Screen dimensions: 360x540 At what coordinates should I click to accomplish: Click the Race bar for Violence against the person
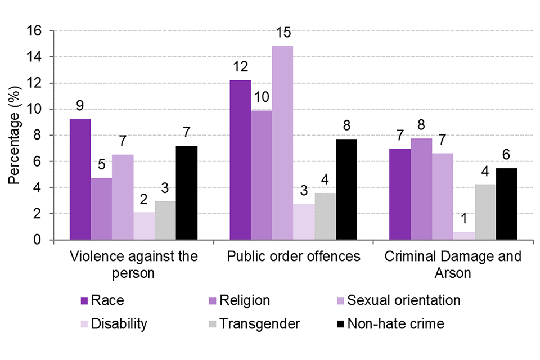80,179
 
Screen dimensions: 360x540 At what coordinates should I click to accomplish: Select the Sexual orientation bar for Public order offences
282,143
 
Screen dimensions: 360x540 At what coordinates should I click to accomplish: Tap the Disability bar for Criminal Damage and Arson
463,236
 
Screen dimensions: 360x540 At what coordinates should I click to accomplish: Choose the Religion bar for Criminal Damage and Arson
421,189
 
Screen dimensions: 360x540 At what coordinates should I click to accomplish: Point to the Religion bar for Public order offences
261,175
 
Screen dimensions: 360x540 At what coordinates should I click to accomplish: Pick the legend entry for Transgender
258,323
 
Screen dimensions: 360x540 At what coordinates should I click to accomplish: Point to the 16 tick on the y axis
35,30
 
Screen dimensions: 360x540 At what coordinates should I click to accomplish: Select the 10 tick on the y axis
35,109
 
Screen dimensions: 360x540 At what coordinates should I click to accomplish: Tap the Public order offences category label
294,256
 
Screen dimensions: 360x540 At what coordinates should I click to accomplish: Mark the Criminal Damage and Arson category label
453,264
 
